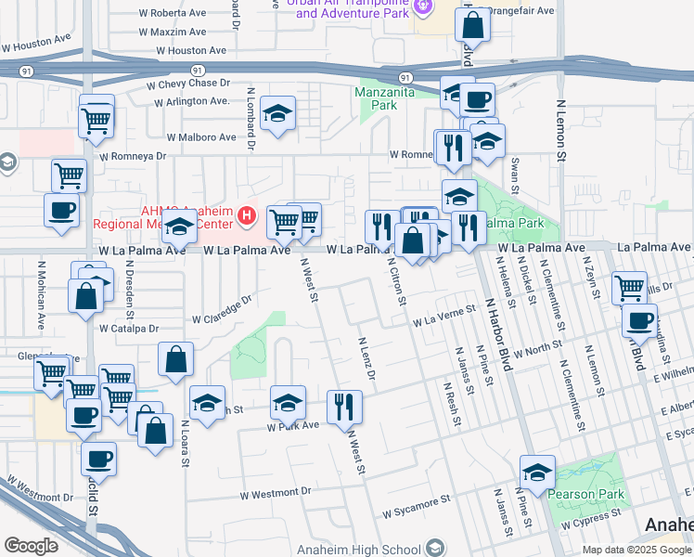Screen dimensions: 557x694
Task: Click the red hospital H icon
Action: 247,216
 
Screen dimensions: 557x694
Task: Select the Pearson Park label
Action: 585,494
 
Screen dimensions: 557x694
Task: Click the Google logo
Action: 31,546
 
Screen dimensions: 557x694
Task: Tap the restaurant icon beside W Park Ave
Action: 344,406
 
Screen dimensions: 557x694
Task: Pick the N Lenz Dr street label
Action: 366,357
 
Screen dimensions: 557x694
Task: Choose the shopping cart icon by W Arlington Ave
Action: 96,118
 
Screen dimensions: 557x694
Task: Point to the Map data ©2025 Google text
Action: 636,550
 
